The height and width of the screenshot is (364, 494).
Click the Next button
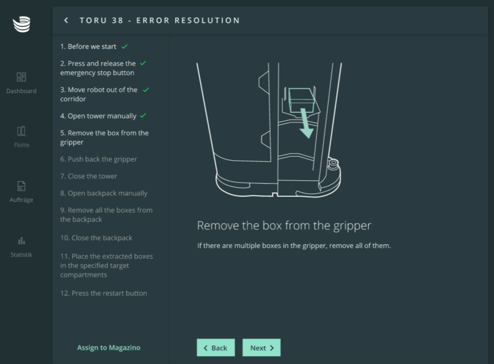(261, 348)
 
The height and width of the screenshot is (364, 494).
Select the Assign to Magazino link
(109, 348)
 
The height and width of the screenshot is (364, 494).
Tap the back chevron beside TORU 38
(66, 21)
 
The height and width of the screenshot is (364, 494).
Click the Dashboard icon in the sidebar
(21, 77)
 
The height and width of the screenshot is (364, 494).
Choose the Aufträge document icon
(21, 186)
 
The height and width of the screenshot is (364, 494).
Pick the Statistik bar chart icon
(21, 241)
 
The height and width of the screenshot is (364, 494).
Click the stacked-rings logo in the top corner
(21, 24)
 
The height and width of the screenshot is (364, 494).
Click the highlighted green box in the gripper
(302, 100)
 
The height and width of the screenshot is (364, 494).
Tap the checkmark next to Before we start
(125, 47)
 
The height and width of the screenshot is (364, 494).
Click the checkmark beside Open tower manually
(143, 116)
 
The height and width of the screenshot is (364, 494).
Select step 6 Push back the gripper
(99, 159)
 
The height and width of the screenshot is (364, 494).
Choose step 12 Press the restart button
(104, 293)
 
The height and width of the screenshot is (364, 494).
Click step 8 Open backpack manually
(104, 193)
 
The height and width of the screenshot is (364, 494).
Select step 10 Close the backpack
(96, 238)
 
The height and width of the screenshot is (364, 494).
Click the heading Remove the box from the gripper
(284, 226)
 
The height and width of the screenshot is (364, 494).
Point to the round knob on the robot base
(333, 163)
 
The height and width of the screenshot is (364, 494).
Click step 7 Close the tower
(89, 176)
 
